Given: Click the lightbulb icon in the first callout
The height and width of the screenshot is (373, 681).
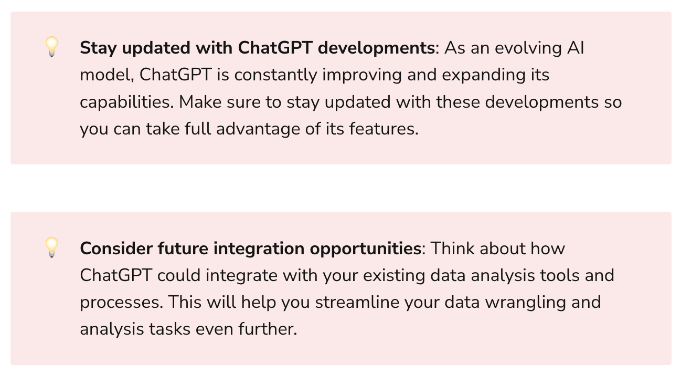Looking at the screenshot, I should pyautogui.click(x=51, y=47).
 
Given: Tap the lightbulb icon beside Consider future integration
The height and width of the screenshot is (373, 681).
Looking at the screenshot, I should pyautogui.click(x=51, y=247).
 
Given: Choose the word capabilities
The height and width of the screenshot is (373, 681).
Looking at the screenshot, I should pyautogui.click(x=125, y=102).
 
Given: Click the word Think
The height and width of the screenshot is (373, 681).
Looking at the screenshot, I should pyautogui.click(x=452, y=248).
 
